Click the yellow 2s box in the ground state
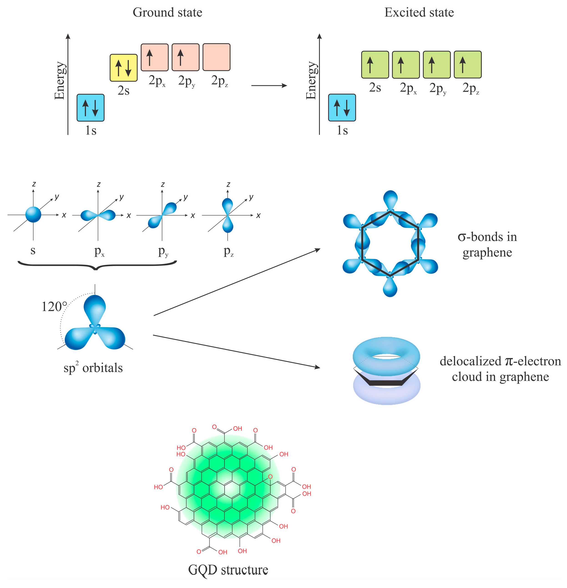[x=123, y=68]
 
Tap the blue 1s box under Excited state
[x=342, y=108]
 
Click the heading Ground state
[x=167, y=13]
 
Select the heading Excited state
[x=419, y=13]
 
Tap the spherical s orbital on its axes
[x=33, y=215]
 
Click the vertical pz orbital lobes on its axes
[x=227, y=215]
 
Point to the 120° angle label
[x=54, y=307]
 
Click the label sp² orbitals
[x=93, y=368]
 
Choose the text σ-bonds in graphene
[x=487, y=244]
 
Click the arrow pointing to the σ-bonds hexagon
[x=237, y=282]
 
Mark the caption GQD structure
[x=228, y=570]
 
